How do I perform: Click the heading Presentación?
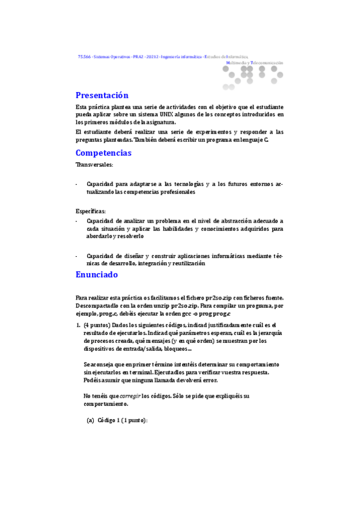point(102,95)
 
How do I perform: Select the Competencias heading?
point(103,153)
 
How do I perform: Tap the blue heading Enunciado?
point(96,274)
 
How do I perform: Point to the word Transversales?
point(94,164)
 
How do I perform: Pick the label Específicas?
point(91,211)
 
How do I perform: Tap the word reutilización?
point(187,263)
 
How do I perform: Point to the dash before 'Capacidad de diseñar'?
point(77,256)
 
